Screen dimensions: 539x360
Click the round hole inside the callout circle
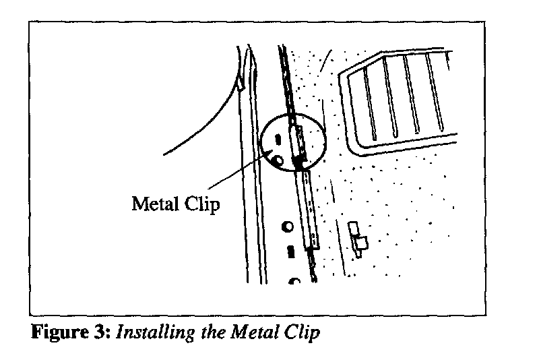[277, 160]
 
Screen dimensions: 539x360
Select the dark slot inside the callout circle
[276, 140]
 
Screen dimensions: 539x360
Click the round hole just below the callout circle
[288, 227]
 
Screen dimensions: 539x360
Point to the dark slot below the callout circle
[290, 251]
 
